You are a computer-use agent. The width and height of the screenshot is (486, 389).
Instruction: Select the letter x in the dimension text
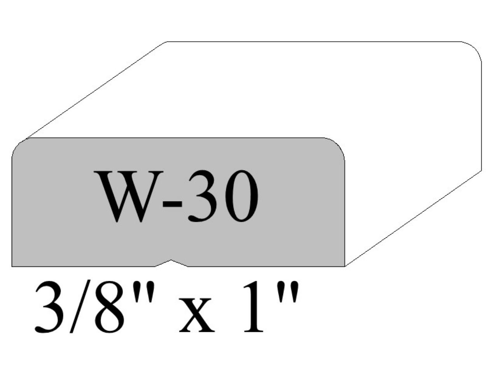tap(197, 317)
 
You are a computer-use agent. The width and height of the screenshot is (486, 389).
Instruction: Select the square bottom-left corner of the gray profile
tap(12, 266)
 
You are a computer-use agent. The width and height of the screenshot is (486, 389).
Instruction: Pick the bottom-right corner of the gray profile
tap(344, 266)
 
